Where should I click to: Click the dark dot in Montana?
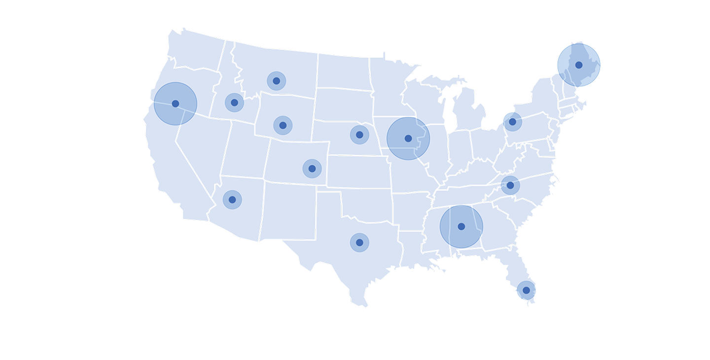276,81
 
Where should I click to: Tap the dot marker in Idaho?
234,103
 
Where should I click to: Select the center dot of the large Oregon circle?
175,104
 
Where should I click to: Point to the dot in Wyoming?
283,125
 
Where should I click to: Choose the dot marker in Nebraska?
359,135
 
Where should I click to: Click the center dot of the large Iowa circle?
408,139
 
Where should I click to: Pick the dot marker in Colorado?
312,169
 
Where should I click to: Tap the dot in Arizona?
232,200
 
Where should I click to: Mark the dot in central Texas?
359,243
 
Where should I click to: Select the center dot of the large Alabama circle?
461,226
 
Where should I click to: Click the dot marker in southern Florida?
526,290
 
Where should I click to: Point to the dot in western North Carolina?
510,185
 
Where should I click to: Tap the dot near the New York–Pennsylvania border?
512,122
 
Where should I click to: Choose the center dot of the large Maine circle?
578,65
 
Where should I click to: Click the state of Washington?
195,49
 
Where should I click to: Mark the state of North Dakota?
343,72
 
